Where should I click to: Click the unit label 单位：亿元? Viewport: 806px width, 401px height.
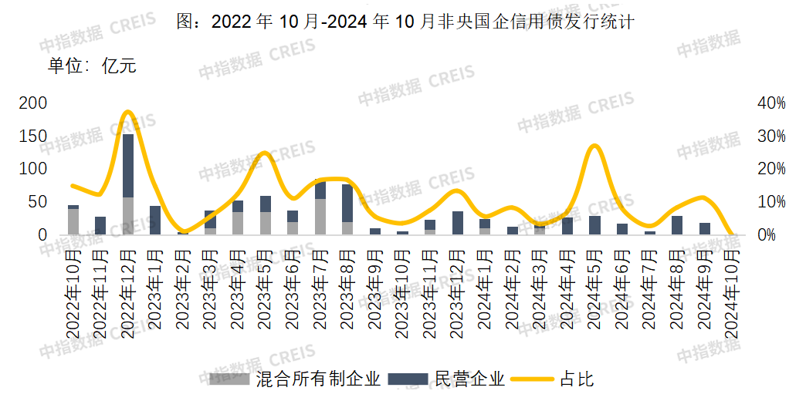point(92,66)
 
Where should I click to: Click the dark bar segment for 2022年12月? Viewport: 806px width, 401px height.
point(128,165)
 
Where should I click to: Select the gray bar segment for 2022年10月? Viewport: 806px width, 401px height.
point(73,221)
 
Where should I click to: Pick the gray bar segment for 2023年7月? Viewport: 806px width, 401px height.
point(320,216)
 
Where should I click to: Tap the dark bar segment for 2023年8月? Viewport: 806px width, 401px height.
point(347,203)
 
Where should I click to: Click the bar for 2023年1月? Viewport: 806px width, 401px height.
point(155,220)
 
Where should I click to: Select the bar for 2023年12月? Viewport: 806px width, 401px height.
point(458,223)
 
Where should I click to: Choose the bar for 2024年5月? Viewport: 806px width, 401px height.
point(594,225)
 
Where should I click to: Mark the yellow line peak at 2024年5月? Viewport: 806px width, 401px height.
point(594,146)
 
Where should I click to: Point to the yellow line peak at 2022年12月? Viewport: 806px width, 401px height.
point(129,113)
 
